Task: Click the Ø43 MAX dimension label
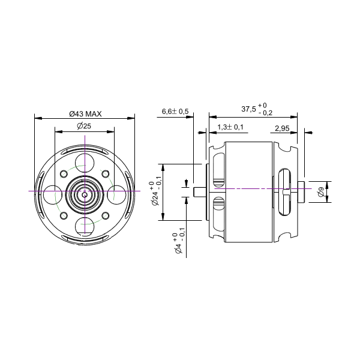pyautogui.click(x=85, y=113)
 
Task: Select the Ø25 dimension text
pyautogui.click(x=83, y=125)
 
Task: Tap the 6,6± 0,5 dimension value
pyautogui.click(x=175, y=112)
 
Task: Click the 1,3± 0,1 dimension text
pyautogui.click(x=231, y=127)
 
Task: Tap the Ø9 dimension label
pyautogui.click(x=322, y=192)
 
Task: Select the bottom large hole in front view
pyautogui.click(x=84, y=226)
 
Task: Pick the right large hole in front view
pyautogui.click(x=116, y=194)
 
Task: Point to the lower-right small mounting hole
pyautogui.click(x=105, y=215)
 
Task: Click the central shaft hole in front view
pyautogui.click(x=84, y=194)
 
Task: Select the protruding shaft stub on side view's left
pyautogui.click(x=200, y=191)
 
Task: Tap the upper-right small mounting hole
pyautogui.click(x=105, y=173)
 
